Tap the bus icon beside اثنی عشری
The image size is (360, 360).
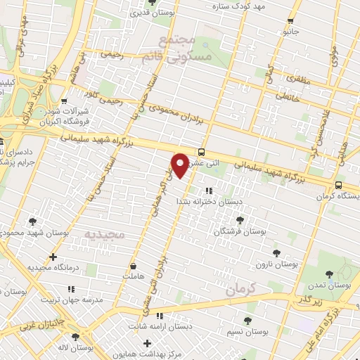[202, 152]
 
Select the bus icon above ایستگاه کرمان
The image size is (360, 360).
[339, 185]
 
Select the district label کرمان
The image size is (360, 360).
[238, 288]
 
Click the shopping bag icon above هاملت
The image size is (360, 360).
[134, 266]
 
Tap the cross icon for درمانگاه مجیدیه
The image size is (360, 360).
[53, 257]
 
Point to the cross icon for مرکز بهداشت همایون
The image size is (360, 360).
[147, 343]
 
